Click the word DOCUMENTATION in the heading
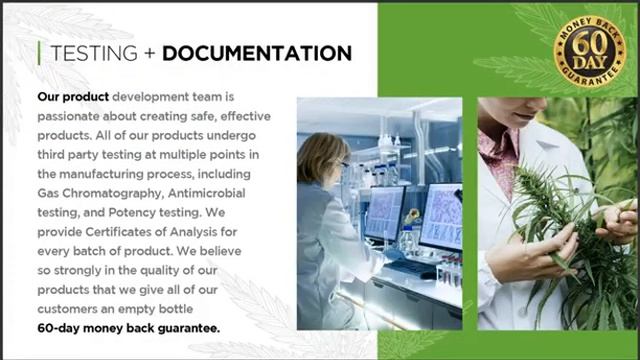[256, 53]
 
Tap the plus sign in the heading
[149, 53]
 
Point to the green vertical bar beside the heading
[39, 53]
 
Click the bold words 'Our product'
[73, 98]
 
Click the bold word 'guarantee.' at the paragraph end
[187, 327]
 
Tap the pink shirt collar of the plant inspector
[497, 150]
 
